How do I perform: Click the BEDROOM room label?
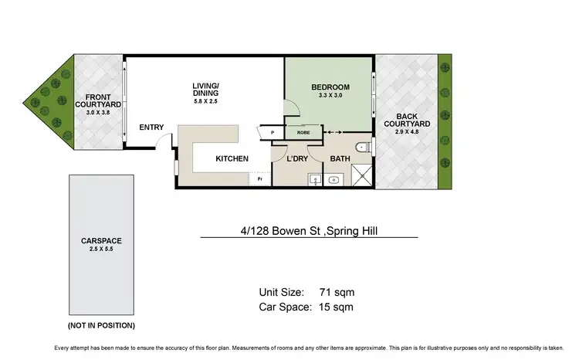330,87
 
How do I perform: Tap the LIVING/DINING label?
206,90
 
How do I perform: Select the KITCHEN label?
232,159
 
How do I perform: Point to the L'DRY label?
297,159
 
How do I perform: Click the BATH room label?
340,159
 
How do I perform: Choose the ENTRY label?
151,127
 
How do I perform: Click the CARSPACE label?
101,241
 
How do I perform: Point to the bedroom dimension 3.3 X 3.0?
330,96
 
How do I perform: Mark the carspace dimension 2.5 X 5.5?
101,250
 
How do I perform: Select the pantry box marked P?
273,133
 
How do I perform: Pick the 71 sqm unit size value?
336,292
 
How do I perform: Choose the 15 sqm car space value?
336,307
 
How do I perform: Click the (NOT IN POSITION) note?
101,325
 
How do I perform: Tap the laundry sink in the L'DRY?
314,181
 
